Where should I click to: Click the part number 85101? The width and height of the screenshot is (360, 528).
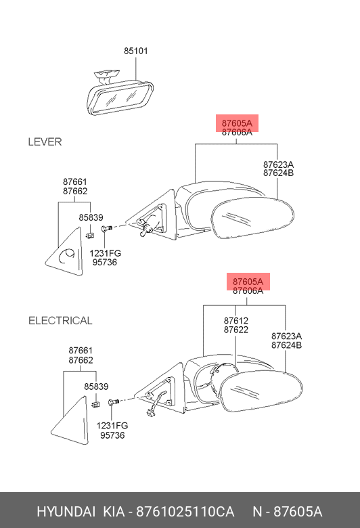coord(136,51)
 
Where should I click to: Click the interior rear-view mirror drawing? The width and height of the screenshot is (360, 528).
coord(120,94)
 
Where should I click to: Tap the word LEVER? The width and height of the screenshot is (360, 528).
coord(45,141)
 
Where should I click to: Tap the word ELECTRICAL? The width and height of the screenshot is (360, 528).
coord(60,321)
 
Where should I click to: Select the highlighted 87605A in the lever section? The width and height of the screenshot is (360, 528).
coord(237,123)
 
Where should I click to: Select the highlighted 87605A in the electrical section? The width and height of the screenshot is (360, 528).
coord(248,282)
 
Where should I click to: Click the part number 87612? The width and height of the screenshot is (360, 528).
coord(235,321)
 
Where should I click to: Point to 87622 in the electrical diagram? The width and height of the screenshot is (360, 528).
coord(235,330)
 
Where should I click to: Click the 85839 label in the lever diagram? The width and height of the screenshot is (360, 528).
coord(91,217)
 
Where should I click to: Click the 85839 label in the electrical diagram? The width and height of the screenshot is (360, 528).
coord(96,387)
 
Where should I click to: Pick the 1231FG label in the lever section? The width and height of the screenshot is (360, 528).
coord(105,253)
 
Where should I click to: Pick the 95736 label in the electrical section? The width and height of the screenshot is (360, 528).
coord(112,435)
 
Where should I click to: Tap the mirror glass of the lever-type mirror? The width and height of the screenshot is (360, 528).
coord(252,218)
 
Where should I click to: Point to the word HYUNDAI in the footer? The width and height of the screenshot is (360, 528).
coord(66,512)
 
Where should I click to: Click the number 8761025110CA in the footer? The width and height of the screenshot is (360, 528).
coord(185,512)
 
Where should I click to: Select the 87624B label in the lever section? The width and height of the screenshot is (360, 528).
coord(279,173)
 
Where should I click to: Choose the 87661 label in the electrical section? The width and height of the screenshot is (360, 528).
coord(81,351)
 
